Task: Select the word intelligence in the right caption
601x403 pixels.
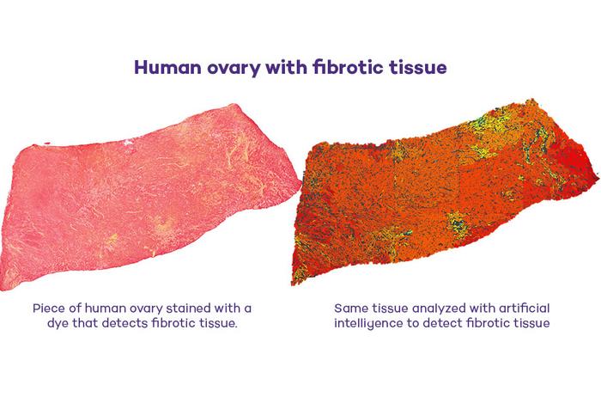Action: [370, 323]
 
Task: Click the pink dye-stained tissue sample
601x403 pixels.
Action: [146, 206]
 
